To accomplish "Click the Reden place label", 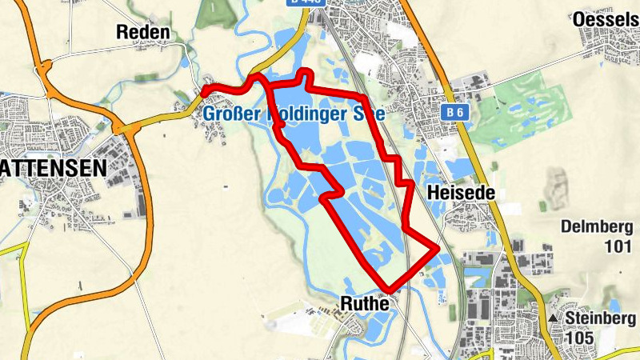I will click(143, 32).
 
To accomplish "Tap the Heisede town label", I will click(458, 193).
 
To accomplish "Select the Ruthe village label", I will click(364, 303).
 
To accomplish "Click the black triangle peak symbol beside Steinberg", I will click(553, 318).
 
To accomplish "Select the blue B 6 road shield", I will click(456, 113).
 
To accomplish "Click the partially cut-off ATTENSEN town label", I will click(53, 168).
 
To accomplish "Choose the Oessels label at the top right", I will click(606, 18).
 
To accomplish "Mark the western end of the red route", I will click(205, 93).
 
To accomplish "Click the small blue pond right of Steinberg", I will click(614, 305).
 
